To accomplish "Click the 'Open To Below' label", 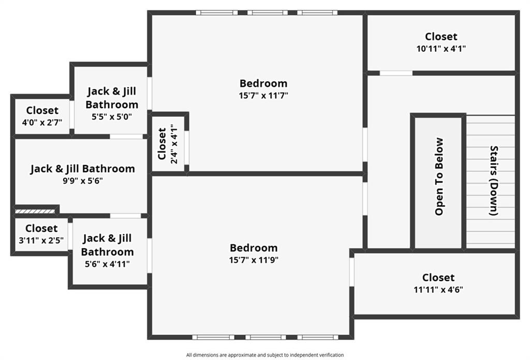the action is (x=439, y=176).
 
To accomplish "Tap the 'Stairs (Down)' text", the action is (x=494, y=181).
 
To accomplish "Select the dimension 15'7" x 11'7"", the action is (x=263, y=96).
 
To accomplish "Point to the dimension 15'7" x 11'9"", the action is (x=254, y=260).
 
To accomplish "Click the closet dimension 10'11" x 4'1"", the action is (x=441, y=49).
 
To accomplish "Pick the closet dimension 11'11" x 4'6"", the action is (x=438, y=290).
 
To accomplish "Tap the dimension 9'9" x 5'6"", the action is (x=82, y=181).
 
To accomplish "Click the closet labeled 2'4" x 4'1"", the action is (x=174, y=144).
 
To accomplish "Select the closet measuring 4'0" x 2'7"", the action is (x=42, y=122).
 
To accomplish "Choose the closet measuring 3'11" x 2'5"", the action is (x=41, y=241).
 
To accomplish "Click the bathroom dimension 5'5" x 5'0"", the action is (x=112, y=117).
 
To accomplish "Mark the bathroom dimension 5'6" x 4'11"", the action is (x=107, y=264).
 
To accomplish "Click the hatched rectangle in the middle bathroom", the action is (x=35, y=212).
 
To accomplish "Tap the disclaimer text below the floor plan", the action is (x=265, y=355).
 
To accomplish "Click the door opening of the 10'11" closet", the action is (x=396, y=73).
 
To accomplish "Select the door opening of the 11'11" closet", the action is (x=351, y=272).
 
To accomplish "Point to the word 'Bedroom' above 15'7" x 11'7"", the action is (x=263, y=83).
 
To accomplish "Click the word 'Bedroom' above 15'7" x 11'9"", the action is (x=254, y=248).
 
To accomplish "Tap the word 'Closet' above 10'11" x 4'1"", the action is (x=441, y=37).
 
